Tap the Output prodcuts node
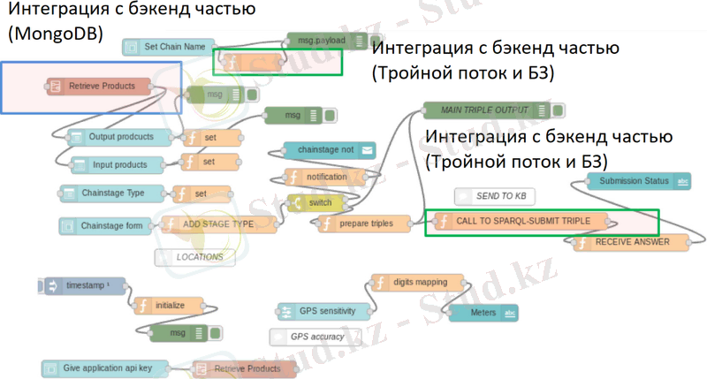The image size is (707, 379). (119, 137)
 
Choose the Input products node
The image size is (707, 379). (119, 164)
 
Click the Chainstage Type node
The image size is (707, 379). (112, 193)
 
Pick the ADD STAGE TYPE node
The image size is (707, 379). (217, 224)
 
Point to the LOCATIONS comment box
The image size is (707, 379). (199, 257)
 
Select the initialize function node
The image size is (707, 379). (169, 305)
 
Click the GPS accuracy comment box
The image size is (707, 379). (318, 336)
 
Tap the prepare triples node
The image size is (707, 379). (365, 224)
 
